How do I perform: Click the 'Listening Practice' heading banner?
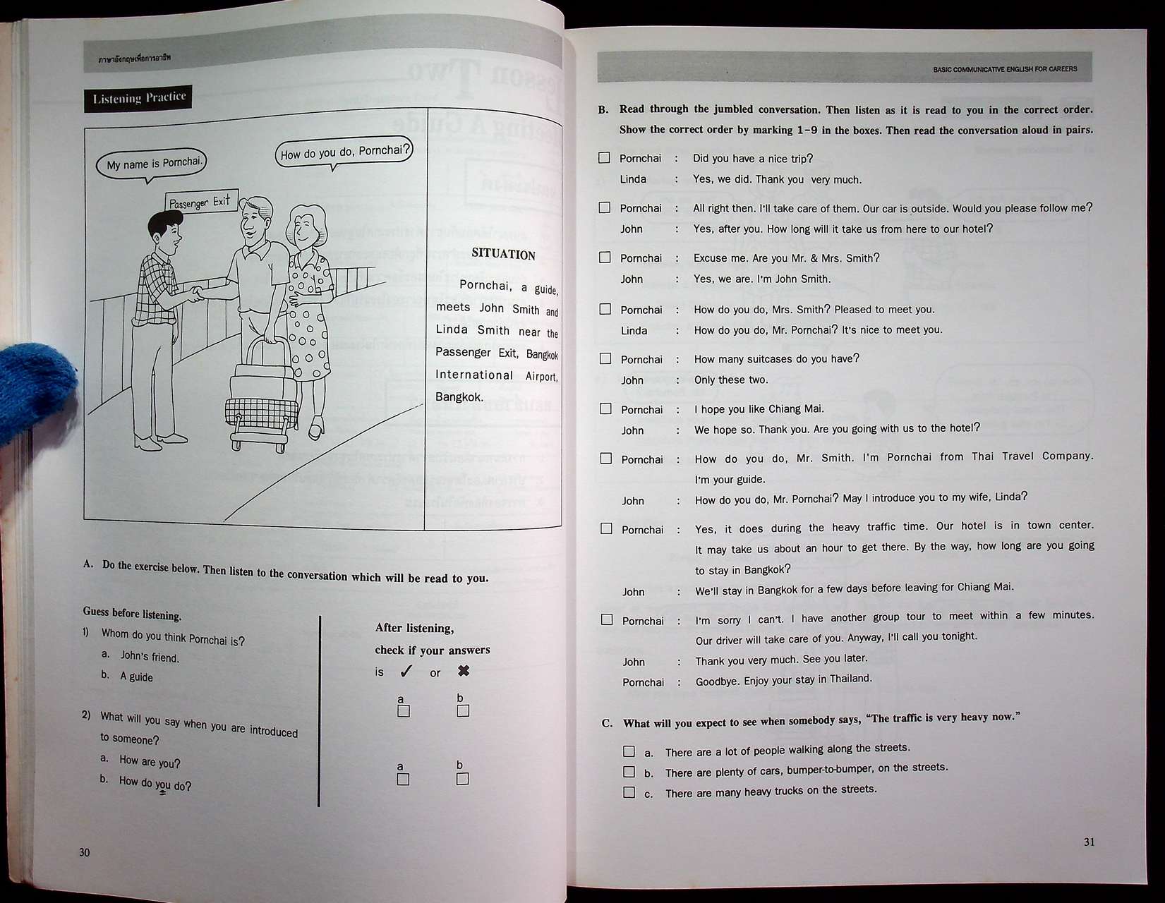[138, 97]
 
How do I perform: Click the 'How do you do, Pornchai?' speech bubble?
[344, 152]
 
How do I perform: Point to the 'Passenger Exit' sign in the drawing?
[200, 202]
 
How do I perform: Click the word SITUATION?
[503, 255]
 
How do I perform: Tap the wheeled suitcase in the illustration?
[259, 399]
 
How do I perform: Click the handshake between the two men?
[195, 291]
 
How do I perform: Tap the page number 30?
[85, 852]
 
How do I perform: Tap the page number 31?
[1089, 842]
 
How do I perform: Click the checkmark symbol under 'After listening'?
[406, 672]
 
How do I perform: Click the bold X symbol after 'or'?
[464, 671]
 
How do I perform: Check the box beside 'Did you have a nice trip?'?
[604, 158]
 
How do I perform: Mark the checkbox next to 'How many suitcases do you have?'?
[605, 358]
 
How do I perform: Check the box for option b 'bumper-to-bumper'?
[629, 772]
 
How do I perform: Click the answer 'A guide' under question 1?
[136, 677]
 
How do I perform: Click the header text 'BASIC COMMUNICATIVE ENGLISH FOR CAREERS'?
[1004, 69]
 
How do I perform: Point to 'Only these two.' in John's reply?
[730, 380]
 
